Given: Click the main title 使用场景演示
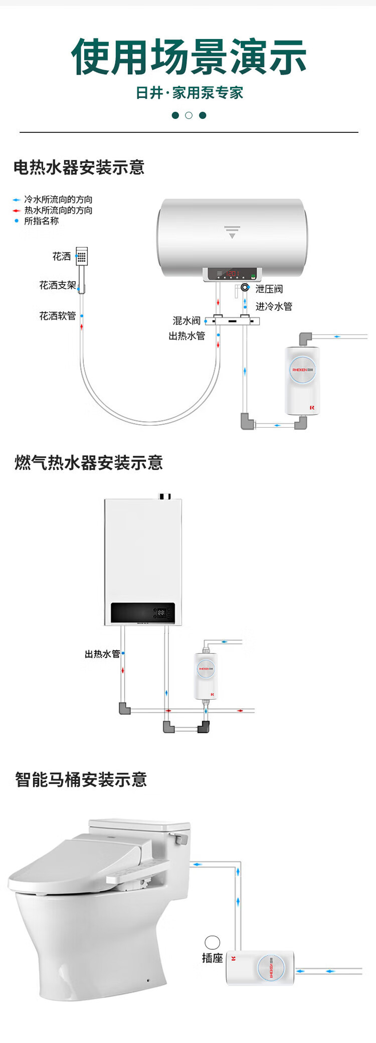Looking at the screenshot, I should (189, 57).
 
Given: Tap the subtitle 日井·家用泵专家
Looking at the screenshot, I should (189, 93).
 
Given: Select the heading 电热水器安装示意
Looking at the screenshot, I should (79, 167).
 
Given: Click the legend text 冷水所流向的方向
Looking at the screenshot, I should (58, 200).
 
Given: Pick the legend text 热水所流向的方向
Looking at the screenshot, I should (58, 210).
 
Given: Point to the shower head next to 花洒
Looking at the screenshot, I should (82, 256).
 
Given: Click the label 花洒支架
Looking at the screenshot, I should (58, 285).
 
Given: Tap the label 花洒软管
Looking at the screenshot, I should (58, 316).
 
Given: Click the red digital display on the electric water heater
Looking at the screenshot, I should (232, 274).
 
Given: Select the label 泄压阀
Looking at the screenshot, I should (269, 289).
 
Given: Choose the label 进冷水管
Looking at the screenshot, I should (274, 306).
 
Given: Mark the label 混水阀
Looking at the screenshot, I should (186, 320).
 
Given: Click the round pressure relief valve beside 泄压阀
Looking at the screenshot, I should (245, 287).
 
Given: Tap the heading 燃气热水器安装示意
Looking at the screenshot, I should (89, 462).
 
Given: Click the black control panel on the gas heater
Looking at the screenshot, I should (142, 613).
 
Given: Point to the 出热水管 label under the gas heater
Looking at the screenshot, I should (102, 654).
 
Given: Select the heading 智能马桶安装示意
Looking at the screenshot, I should (81, 780).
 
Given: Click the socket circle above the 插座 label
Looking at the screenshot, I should (213, 942).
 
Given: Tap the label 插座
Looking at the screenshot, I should (212, 958).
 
